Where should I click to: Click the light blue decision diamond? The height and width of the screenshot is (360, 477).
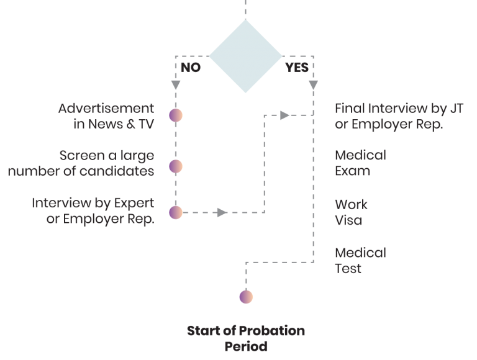pos(245,56)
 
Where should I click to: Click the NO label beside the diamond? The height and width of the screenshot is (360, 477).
pos(191,67)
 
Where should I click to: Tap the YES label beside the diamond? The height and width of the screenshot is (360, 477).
pos(296,67)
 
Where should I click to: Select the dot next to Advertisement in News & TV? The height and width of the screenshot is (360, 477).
pos(176,115)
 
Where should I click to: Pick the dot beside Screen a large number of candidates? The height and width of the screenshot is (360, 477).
pos(176,166)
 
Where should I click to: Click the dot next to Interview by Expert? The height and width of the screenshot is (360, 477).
pos(176,212)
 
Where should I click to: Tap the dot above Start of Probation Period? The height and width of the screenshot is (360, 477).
pos(246,297)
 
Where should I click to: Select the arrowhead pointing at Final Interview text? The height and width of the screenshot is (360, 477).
pos(284,115)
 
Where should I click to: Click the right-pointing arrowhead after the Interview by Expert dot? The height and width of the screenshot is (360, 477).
pos(222,212)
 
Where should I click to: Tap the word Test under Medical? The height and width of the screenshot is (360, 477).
pos(348,269)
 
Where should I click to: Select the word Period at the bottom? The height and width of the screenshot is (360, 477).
pos(246,346)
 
